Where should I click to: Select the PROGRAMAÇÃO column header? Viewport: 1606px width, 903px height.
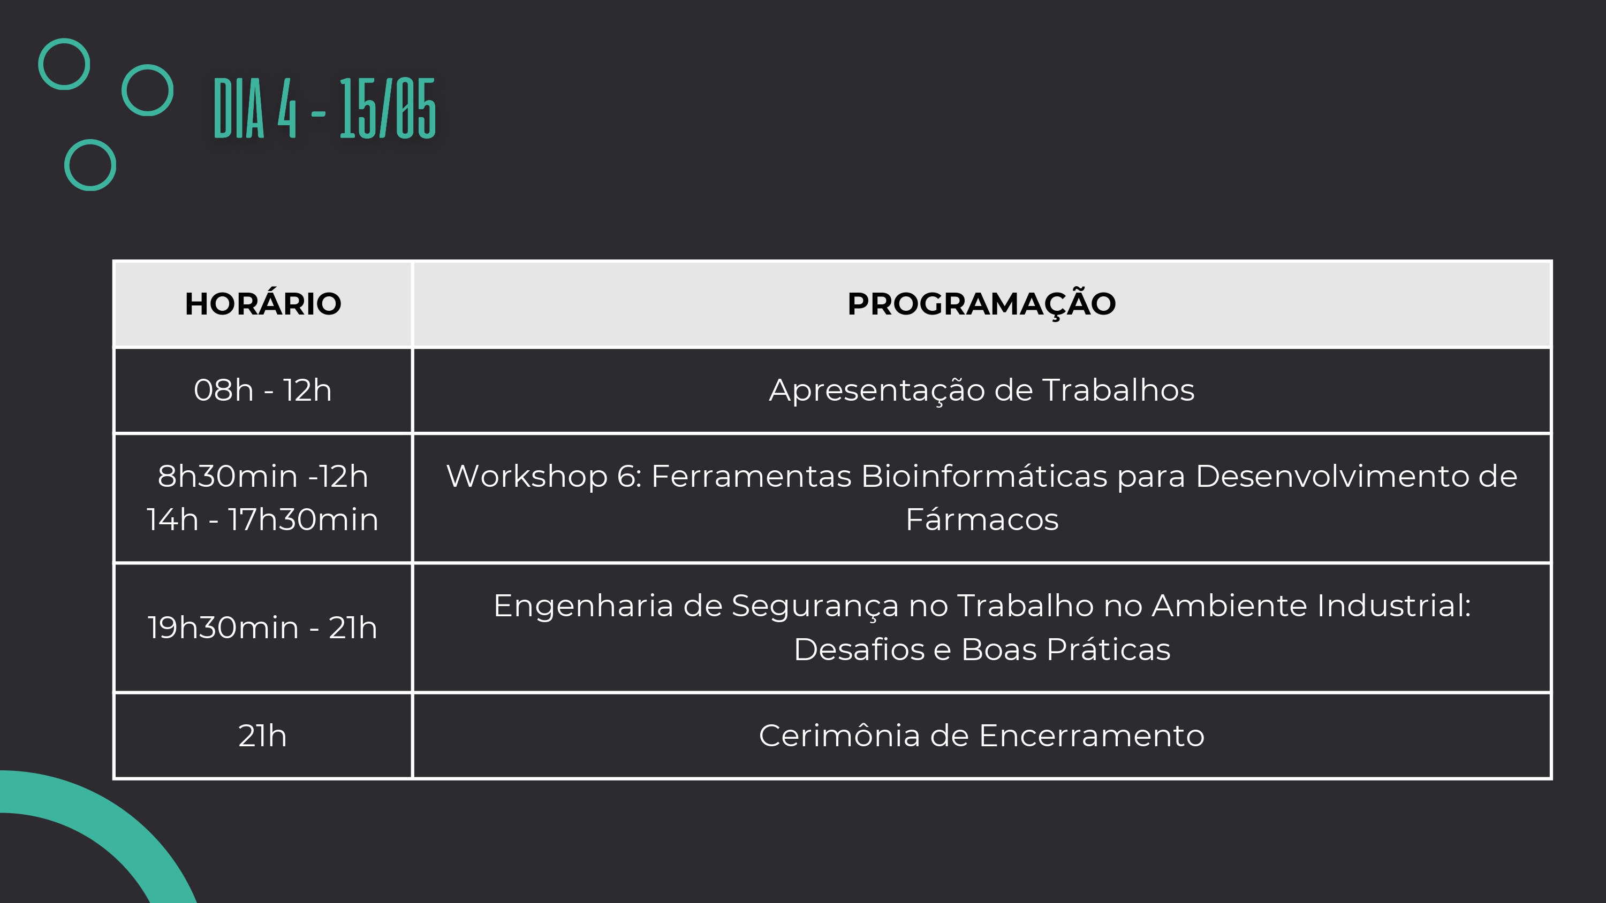[x=981, y=303]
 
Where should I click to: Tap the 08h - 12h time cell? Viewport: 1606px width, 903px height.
[x=262, y=390]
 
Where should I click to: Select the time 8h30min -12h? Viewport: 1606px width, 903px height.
[x=262, y=476]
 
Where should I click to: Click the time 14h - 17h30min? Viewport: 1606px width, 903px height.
[x=262, y=520]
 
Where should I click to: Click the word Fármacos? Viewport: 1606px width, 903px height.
[x=982, y=520]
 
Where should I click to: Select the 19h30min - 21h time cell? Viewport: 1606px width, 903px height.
[x=262, y=627]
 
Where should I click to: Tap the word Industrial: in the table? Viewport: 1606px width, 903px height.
[x=1395, y=606]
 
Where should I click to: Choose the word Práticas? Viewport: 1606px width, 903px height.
[x=1109, y=649]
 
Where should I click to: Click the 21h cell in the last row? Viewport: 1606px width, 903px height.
[x=262, y=736]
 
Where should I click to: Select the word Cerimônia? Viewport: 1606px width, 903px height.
[x=839, y=736]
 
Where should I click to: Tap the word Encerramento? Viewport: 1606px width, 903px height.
[x=1092, y=736]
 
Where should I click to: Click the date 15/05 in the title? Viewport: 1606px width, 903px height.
[x=387, y=109]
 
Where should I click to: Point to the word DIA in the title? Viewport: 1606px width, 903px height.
[x=239, y=109]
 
